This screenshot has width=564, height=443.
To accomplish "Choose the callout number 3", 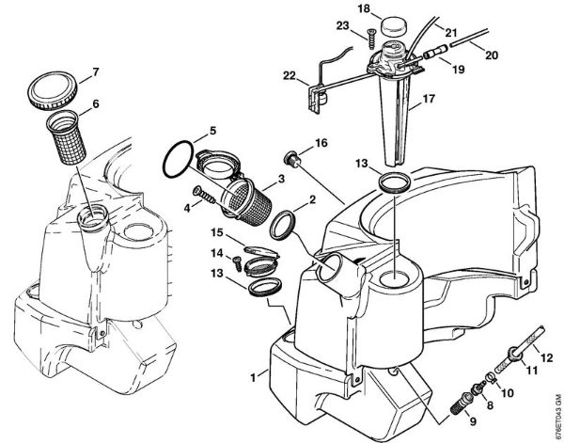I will (280, 179).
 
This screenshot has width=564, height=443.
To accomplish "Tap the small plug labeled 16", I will (292, 155).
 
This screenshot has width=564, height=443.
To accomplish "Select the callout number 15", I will (215, 232).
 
